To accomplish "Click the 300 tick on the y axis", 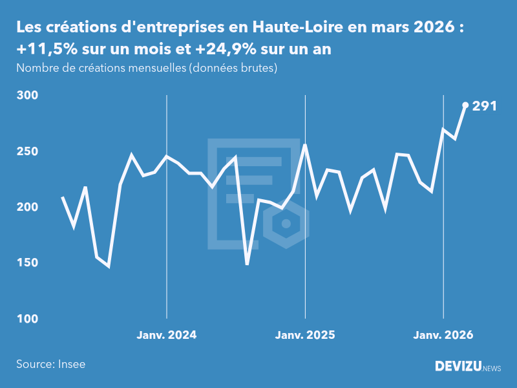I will pos(26,96).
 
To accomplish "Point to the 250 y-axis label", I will pos(26,151).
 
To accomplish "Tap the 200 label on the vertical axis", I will pos(26,208).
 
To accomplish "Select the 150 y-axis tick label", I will pos(26,263).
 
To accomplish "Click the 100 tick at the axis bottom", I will pos(26,319).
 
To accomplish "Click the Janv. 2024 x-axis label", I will pos(167,335).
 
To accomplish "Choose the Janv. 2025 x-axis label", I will pos(305,335).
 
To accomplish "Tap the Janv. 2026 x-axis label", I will pos(443,335).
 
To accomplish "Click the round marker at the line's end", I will pos(465,105).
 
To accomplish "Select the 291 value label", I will pos(484,106).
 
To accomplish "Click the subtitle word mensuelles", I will pos(154,68).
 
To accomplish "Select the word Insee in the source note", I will pos(71,364).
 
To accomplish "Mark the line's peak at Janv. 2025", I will pos(305,145).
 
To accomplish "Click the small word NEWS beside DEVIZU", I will pos(492,369).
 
